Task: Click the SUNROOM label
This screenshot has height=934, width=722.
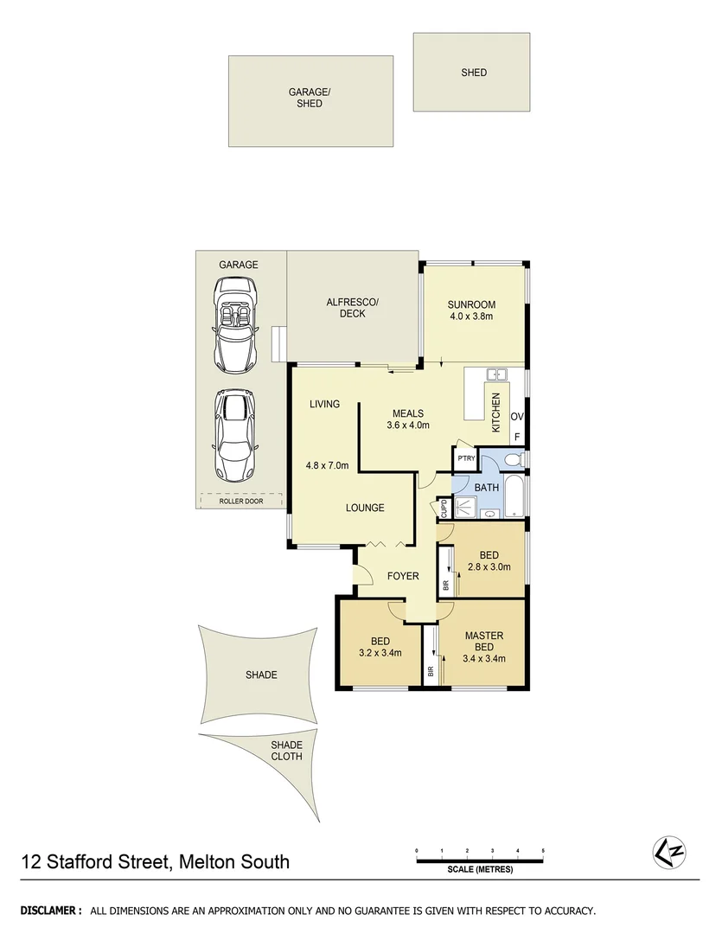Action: pyautogui.click(x=470, y=304)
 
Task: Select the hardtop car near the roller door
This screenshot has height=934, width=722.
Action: pyautogui.click(x=235, y=437)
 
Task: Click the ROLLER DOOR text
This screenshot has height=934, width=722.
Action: pyautogui.click(x=241, y=500)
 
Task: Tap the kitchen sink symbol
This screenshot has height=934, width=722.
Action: pyautogui.click(x=496, y=375)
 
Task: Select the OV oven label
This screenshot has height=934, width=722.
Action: pyautogui.click(x=517, y=417)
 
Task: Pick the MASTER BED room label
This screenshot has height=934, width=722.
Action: pyautogui.click(x=483, y=642)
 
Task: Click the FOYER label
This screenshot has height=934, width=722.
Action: pyautogui.click(x=403, y=576)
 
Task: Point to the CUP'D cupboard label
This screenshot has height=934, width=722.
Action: pyautogui.click(x=443, y=508)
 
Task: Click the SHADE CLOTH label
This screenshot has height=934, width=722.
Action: pyautogui.click(x=286, y=750)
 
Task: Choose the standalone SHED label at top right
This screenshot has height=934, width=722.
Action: pyautogui.click(x=474, y=73)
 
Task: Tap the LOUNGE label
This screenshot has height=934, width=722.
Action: pyautogui.click(x=365, y=508)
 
